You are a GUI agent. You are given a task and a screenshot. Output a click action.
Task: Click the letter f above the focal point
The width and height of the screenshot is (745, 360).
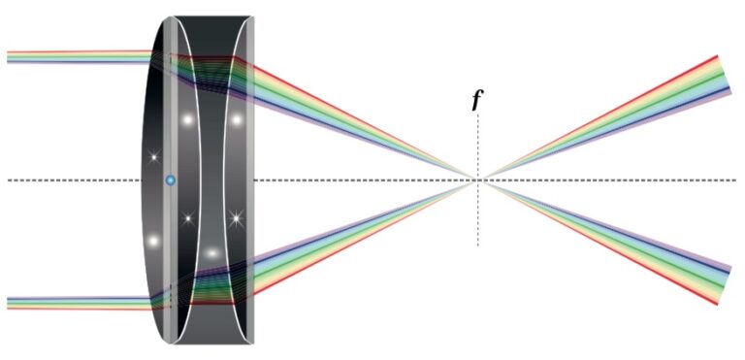[x=476, y=100]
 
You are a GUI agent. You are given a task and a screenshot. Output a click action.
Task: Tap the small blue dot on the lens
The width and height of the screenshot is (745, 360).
[x=171, y=180]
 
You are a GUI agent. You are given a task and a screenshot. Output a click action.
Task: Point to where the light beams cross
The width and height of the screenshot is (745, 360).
[x=477, y=180]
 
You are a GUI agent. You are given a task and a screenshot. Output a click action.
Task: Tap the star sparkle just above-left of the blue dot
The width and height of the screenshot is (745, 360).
[x=152, y=156]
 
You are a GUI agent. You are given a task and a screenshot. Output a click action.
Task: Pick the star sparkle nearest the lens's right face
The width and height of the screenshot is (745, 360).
[x=235, y=218]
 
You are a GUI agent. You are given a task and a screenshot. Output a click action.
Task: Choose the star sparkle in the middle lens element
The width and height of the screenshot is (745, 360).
[x=188, y=217]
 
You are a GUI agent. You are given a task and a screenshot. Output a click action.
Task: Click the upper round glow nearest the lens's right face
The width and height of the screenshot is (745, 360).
[x=236, y=120]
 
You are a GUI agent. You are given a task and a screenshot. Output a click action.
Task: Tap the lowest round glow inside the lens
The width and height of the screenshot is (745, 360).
[x=211, y=253]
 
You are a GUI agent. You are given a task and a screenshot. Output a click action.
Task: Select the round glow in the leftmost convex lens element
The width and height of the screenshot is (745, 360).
[x=152, y=240]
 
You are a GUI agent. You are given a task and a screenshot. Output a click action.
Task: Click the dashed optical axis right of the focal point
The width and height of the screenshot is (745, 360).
[x=621, y=180]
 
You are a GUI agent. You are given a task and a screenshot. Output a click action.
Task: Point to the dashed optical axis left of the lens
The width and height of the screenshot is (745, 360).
[x=68, y=180]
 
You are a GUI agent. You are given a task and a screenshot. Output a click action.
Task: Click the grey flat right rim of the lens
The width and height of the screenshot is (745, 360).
[x=249, y=180]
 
